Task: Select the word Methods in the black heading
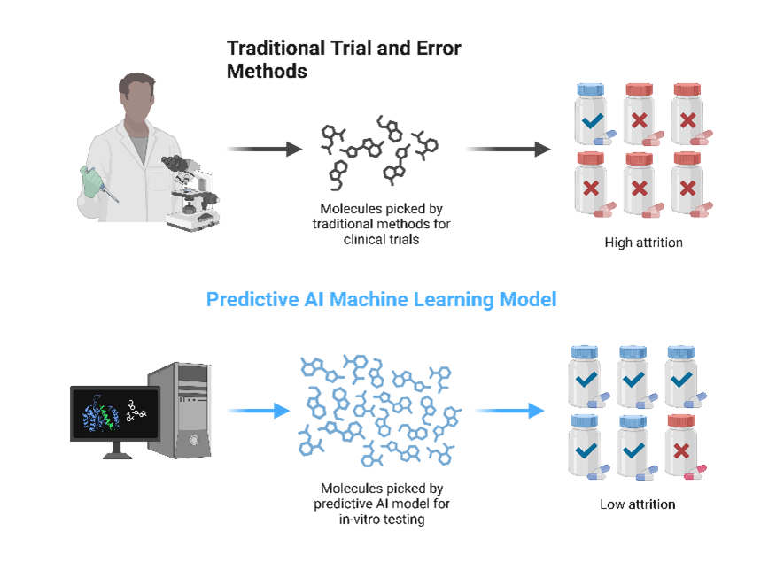pyautogui.click(x=267, y=72)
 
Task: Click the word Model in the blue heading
pyautogui.click(x=528, y=300)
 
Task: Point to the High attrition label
pyautogui.click(x=643, y=243)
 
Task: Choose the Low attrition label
pyautogui.click(x=637, y=504)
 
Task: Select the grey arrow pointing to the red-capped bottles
pyautogui.click(x=507, y=150)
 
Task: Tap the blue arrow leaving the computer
pyautogui.click(x=258, y=411)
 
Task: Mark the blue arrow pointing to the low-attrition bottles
pyautogui.click(x=508, y=411)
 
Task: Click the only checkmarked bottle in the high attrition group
pyautogui.click(x=590, y=115)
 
